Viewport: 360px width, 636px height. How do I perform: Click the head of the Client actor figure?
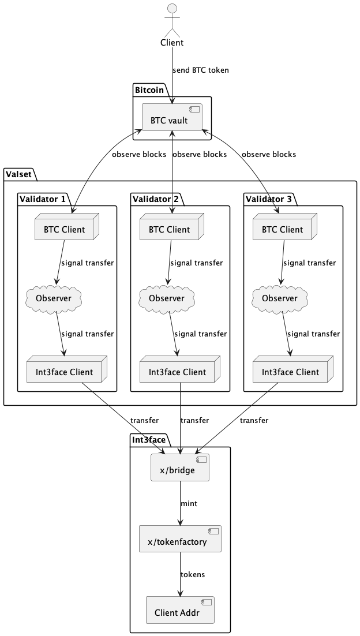(171, 9)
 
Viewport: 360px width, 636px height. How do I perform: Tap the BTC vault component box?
(172, 120)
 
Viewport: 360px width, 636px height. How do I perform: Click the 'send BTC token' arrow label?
(200, 70)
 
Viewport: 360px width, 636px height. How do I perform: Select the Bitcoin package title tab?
(149, 89)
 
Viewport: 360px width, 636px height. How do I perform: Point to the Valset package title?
(18, 174)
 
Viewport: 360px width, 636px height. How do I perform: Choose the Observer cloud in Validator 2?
(167, 298)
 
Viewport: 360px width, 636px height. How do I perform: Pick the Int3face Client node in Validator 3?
(290, 372)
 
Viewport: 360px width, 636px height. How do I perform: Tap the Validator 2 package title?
(155, 199)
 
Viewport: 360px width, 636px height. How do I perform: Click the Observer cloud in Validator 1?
(54, 298)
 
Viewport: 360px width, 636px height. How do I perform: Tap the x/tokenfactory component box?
(180, 542)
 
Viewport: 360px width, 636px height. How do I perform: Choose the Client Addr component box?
(180, 612)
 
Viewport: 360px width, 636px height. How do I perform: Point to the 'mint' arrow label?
(189, 504)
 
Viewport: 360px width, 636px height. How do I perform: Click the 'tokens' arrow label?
(192, 575)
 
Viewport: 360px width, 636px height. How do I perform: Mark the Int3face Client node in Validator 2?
(177, 372)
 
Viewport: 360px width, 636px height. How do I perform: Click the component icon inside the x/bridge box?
(201, 460)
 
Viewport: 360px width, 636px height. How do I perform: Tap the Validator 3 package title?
(268, 199)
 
